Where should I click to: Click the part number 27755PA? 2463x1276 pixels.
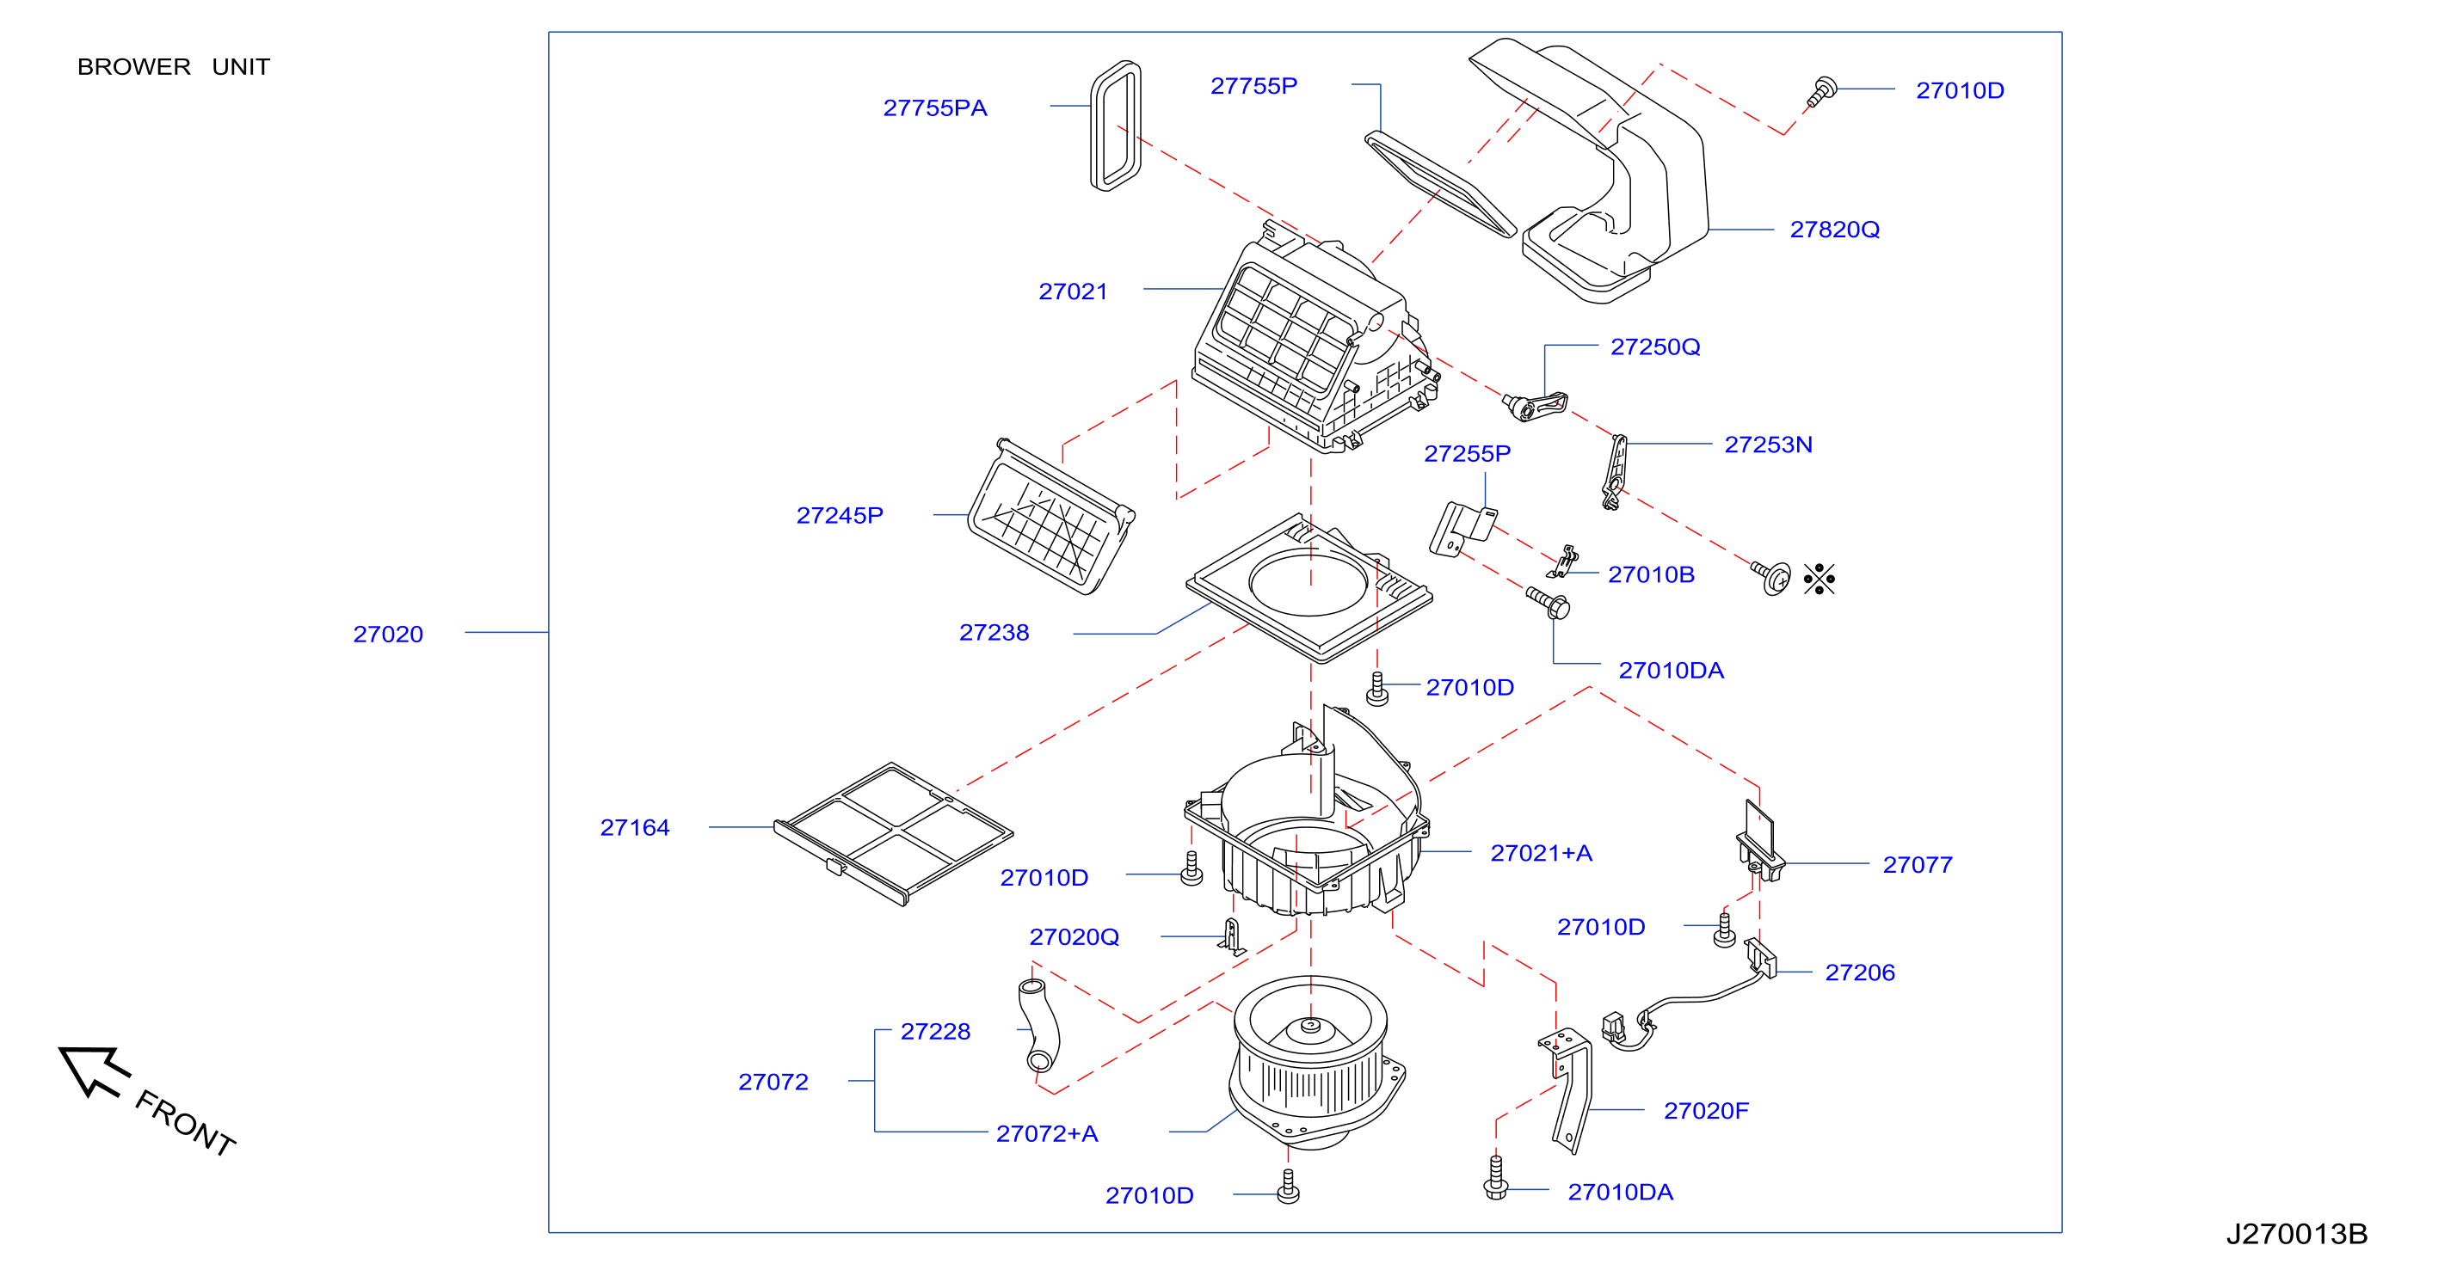pyautogui.click(x=934, y=108)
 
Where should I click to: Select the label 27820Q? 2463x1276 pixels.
pyautogui.click(x=1834, y=230)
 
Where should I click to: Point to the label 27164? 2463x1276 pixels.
pyautogui.click(x=634, y=828)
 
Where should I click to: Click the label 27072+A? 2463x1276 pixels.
pyautogui.click(x=1046, y=1133)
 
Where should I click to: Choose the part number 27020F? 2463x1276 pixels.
pyautogui.click(x=1705, y=1111)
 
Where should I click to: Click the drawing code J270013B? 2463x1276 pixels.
pyautogui.click(x=2296, y=1234)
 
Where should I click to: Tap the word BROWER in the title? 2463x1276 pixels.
pyautogui.click(x=134, y=67)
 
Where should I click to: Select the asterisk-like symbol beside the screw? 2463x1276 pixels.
pyautogui.click(x=1819, y=579)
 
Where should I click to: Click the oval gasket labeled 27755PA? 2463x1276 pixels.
pyautogui.click(x=1116, y=126)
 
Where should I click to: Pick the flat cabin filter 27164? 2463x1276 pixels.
pyautogui.click(x=893, y=833)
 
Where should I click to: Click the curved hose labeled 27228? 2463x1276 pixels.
pyautogui.click(x=1039, y=1025)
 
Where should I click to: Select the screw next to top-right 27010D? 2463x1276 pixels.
pyautogui.click(x=1821, y=91)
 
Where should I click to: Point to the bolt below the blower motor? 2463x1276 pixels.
pyautogui.click(x=1288, y=1187)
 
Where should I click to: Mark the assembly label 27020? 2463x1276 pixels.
pyautogui.click(x=387, y=635)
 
